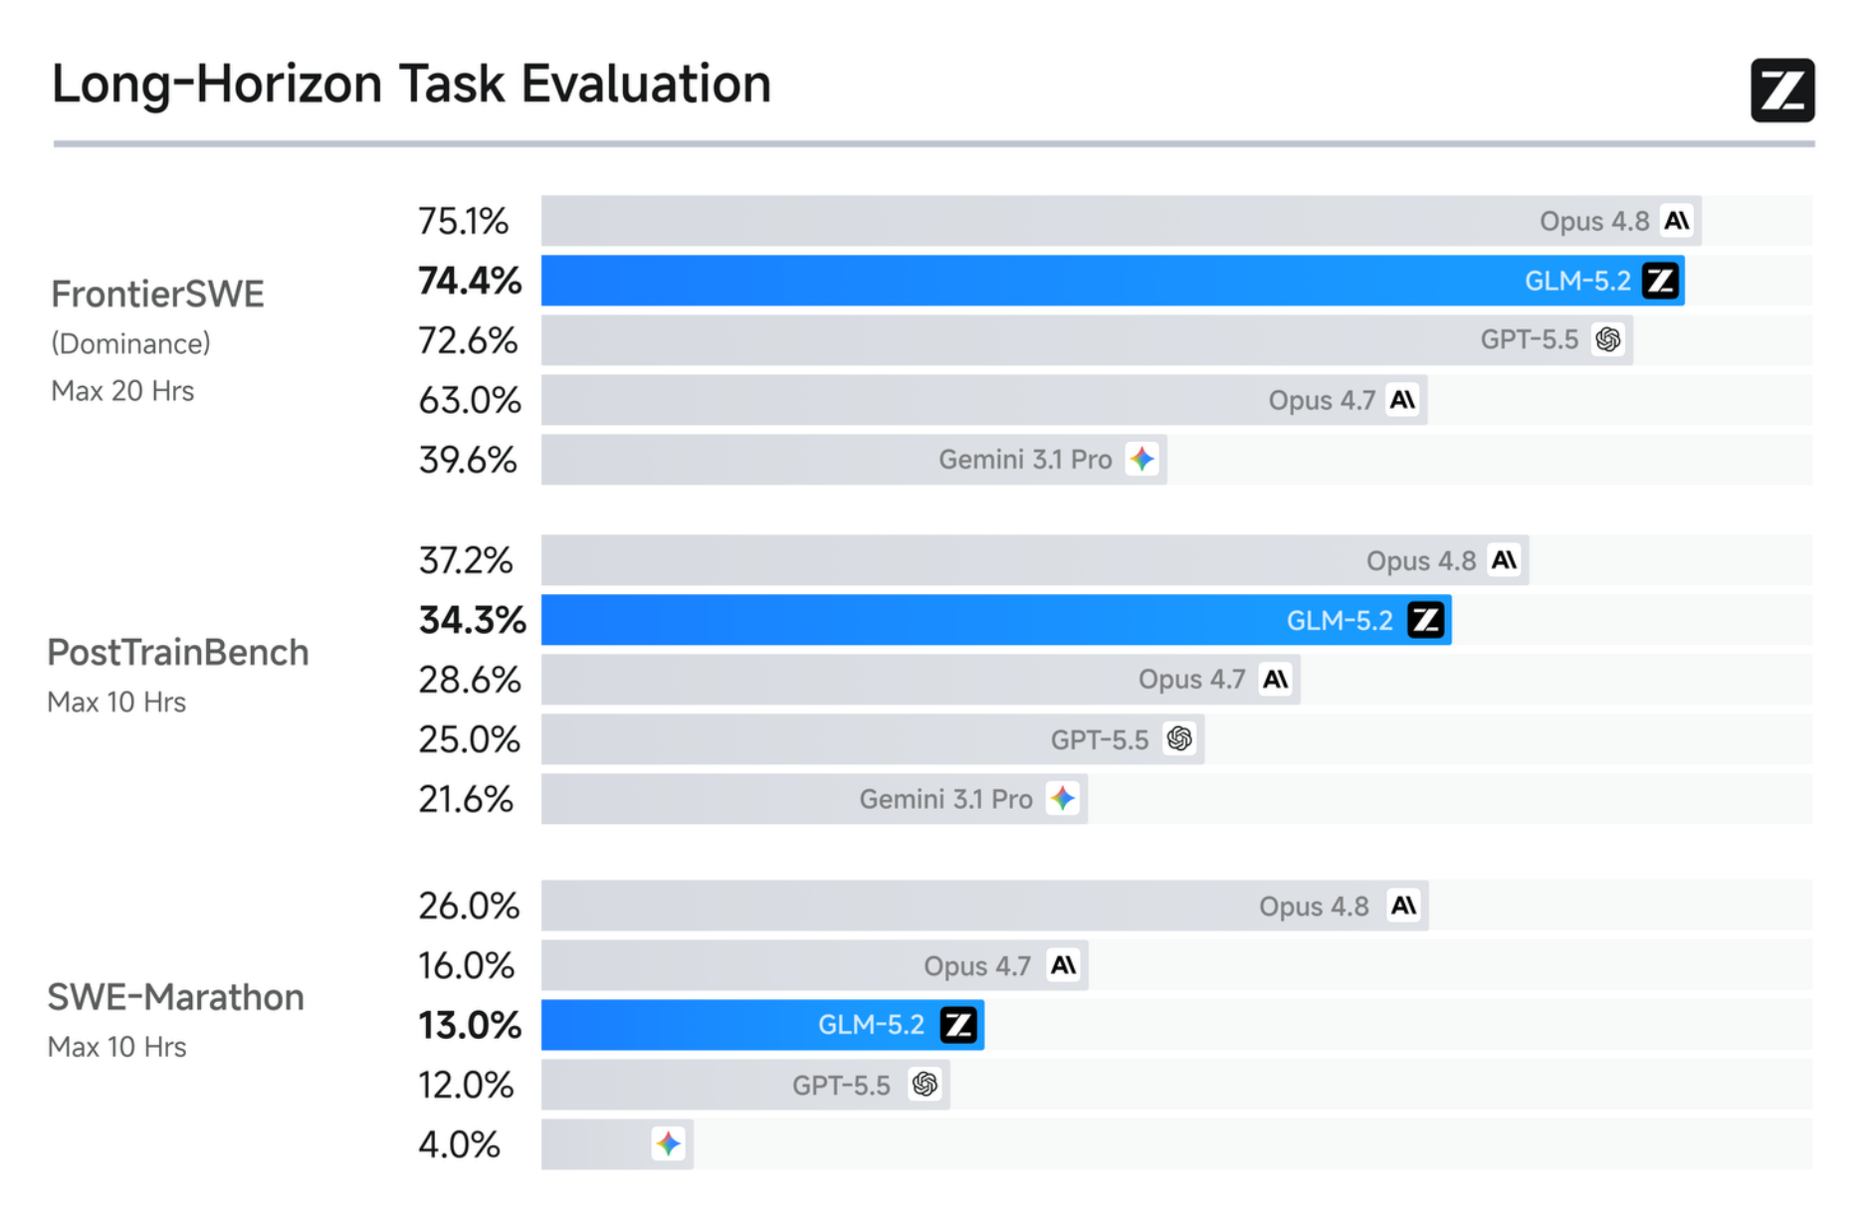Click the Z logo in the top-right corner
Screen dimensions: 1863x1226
(1782, 91)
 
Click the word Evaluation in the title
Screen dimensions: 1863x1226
(646, 84)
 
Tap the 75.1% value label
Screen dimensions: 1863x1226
(463, 221)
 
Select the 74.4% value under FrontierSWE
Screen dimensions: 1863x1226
(470, 281)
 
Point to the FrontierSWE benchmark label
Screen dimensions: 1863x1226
(157, 295)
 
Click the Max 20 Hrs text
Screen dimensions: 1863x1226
(122, 391)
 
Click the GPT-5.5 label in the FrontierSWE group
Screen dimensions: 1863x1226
(1530, 339)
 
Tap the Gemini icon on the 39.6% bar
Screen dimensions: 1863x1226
(1141, 460)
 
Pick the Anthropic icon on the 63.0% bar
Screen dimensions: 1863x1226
(1403, 400)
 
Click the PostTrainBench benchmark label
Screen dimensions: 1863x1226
(178, 653)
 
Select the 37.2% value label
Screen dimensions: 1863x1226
(466, 560)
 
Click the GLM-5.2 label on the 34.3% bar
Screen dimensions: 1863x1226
(1340, 620)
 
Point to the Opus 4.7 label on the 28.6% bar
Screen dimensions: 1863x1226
(1192, 680)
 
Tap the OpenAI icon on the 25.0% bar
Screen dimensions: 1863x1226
(1179, 738)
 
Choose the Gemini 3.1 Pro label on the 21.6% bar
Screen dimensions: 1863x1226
(946, 799)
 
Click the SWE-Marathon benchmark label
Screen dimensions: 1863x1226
(176, 997)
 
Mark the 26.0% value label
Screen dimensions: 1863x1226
(469, 906)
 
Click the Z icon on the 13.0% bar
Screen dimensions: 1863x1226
(959, 1025)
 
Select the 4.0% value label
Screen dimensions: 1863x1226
(459, 1144)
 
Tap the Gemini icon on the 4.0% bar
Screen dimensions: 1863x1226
(669, 1144)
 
